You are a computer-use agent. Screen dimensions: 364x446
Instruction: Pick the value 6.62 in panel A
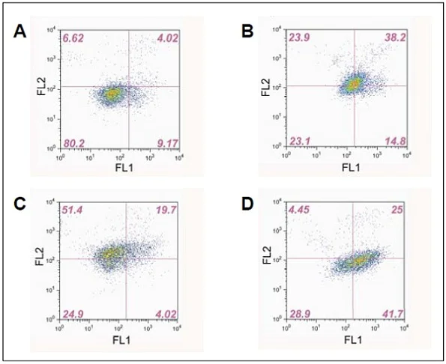coord(74,37)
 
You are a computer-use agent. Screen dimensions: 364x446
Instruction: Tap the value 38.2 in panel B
coord(390,37)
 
